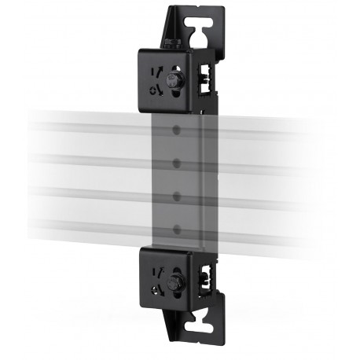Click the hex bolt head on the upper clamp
(175, 79)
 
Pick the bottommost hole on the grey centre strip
(178, 228)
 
